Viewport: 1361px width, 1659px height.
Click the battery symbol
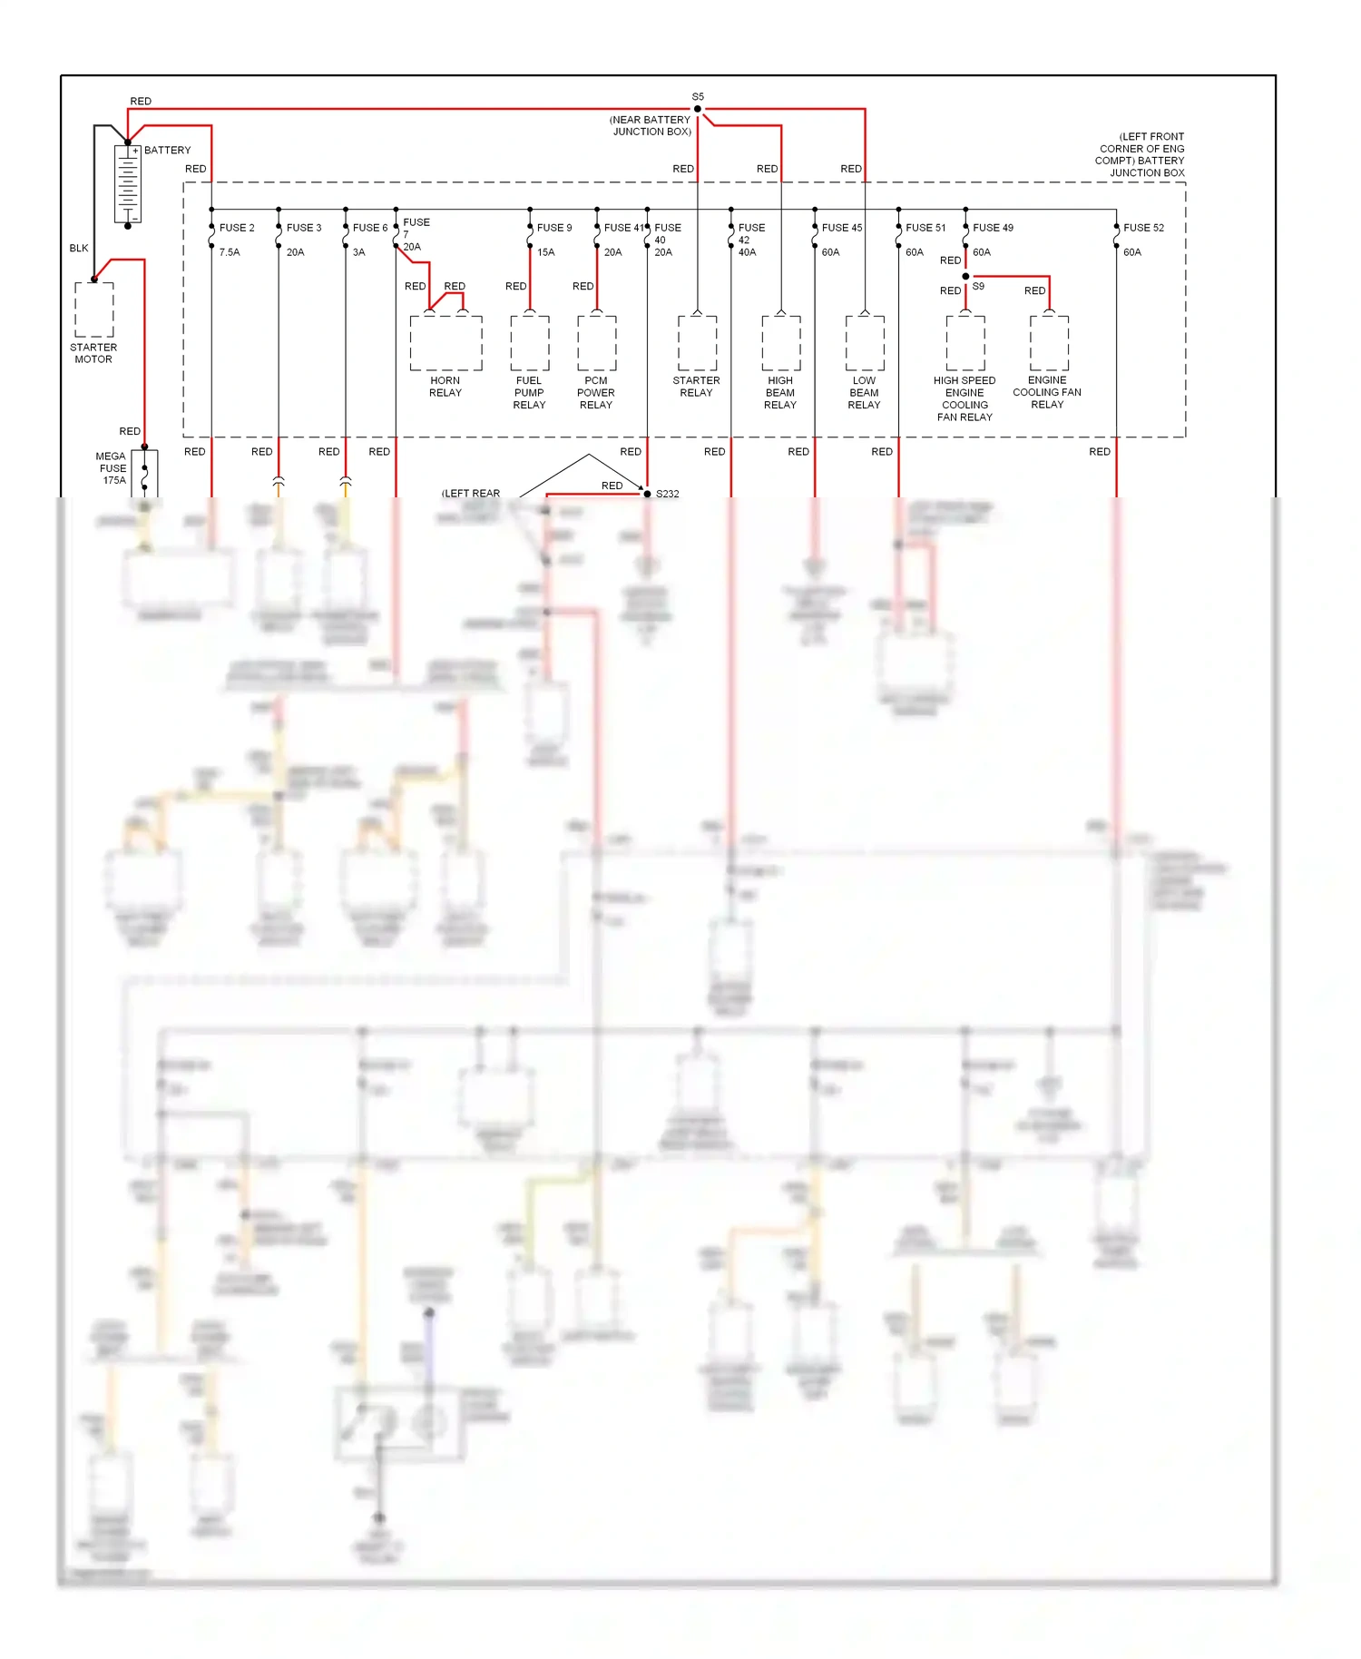click(128, 184)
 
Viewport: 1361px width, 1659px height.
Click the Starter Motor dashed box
click(94, 309)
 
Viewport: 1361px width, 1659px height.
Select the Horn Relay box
click(446, 343)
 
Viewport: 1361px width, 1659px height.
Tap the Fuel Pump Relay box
click(530, 343)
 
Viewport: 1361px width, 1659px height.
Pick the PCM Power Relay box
click(597, 343)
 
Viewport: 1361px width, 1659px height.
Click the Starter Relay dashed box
click(697, 343)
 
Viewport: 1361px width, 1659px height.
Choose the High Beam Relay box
click(781, 343)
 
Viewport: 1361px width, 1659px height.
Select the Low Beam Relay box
click(865, 343)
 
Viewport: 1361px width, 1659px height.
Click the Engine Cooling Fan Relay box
click(1049, 343)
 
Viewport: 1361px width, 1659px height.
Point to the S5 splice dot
click(698, 109)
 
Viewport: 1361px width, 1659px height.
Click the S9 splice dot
click(965, 276)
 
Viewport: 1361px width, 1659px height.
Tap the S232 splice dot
click(647, 494)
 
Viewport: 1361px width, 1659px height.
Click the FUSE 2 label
click(237, 228)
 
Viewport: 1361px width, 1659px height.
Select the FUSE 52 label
click(1143, 228)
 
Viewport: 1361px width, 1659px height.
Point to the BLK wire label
click(79, 248)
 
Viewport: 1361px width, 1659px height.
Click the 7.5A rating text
click(230, 252)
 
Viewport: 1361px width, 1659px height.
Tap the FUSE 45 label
click(842, 228)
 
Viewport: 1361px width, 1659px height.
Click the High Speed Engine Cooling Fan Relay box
click(965, 343)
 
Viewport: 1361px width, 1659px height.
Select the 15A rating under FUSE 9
click(545, 252)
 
